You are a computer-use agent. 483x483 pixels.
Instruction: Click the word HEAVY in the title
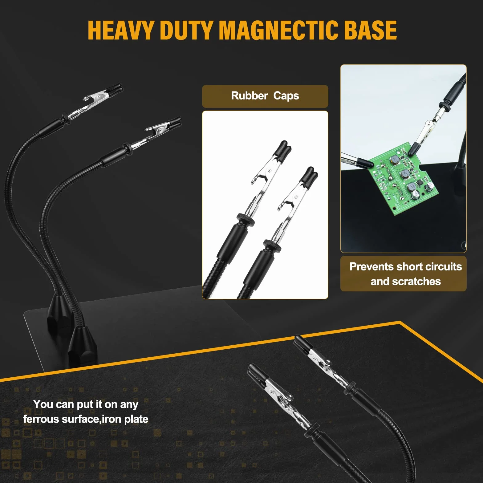click(x=121, y=30)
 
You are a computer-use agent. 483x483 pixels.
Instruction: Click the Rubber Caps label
click(x=265, y=96)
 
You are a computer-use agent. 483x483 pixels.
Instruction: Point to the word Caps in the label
click(x=286, y=96)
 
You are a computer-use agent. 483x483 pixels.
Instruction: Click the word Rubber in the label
click(x=250, y=96)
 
